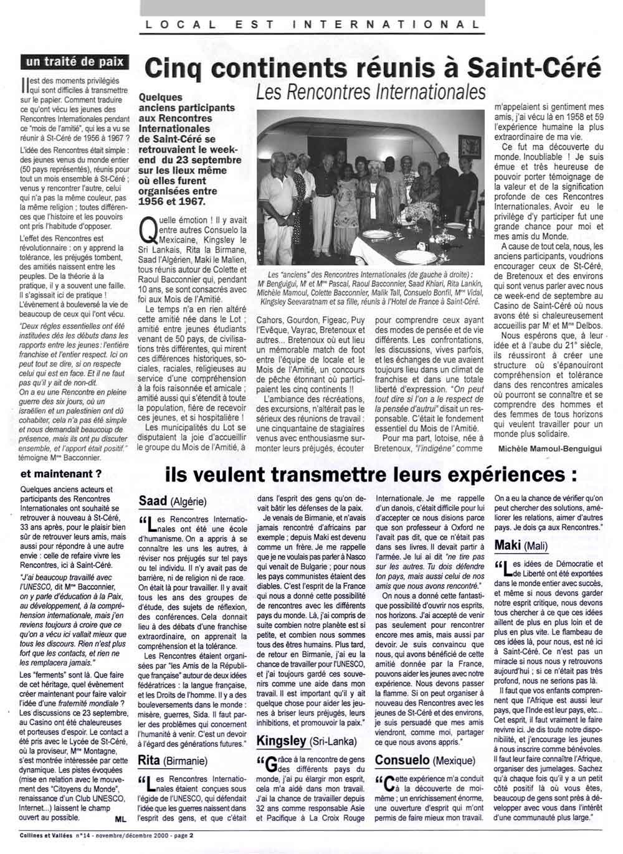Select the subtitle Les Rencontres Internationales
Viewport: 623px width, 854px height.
(371, 92)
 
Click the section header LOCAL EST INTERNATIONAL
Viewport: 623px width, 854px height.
(311, 24)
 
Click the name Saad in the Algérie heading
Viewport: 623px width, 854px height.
(153, 500)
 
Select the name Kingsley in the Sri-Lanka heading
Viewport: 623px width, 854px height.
(282, 741)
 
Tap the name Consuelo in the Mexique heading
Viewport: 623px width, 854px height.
(402, 760)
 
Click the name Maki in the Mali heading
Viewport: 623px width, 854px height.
(508, 545)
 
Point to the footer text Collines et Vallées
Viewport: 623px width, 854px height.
(37, 835)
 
